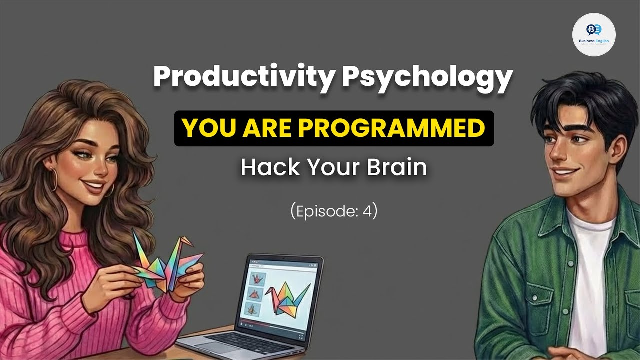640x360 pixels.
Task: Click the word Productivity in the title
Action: (x=243, y=77)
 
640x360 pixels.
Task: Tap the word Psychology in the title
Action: (x=427, y=78)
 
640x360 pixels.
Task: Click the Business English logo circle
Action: (x=593, y=34)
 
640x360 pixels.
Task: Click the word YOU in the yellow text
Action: (x=203, y=128)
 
